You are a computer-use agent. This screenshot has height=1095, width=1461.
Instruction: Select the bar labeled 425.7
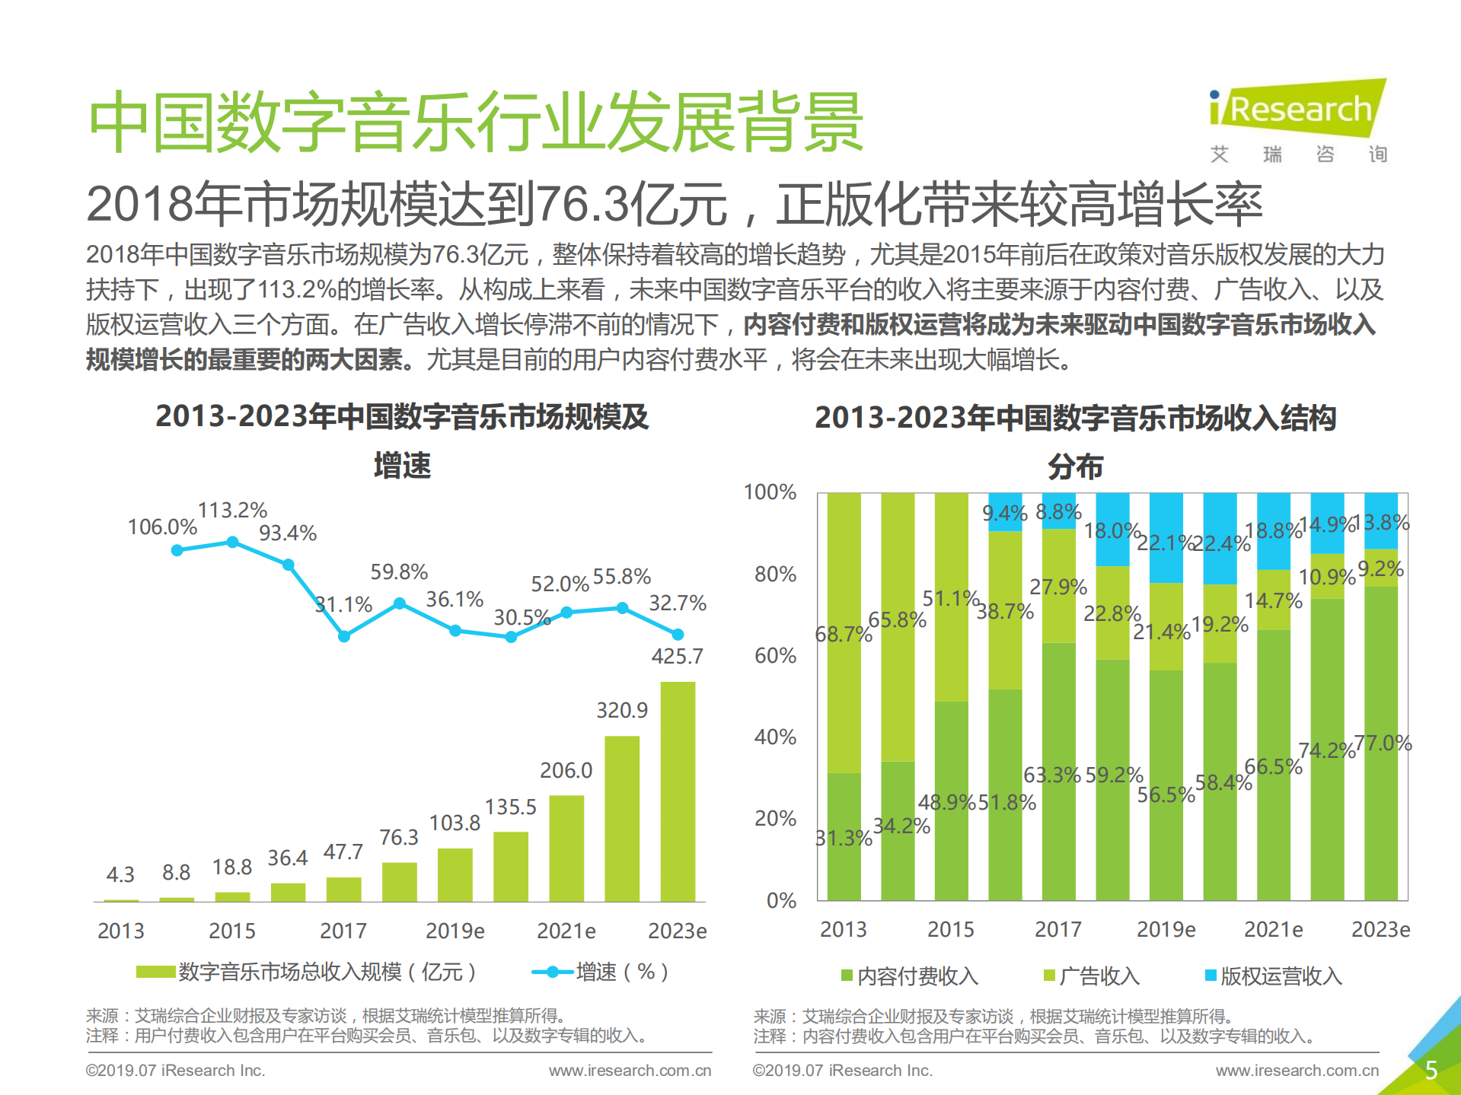(x=677, y=791)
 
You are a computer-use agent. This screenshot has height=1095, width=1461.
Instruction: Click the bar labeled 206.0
(x=566, y=848)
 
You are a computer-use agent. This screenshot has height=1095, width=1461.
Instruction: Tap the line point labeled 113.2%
(x=233, y=542)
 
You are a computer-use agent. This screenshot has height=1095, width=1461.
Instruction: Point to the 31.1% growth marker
(x=344, y=636)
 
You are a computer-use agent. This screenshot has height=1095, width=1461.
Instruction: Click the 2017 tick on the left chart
(x=343, y=931)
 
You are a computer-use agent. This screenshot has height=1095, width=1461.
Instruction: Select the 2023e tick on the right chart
(x=1380, y=929)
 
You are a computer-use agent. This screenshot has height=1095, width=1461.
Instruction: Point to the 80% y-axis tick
(x=775, y=574)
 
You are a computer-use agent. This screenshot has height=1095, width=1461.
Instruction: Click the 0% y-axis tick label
(x=781, y=901)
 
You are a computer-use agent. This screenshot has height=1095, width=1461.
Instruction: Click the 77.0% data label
(x=1383, y=743)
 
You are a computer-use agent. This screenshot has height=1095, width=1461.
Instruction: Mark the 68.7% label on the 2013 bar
(x=843, y=634)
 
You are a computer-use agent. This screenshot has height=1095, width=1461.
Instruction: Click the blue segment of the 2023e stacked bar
(x=1380, y=520)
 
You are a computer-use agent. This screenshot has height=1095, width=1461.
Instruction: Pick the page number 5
(x=1431, y=1070)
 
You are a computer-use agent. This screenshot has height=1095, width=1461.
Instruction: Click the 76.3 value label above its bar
(x=399, y=837)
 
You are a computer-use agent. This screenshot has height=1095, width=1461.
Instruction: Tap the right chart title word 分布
(x=1075, y=466)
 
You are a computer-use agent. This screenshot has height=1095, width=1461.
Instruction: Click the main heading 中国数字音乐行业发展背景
(x=476, y=122)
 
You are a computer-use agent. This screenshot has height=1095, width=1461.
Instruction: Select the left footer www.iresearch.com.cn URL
(x=630, y=1071)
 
